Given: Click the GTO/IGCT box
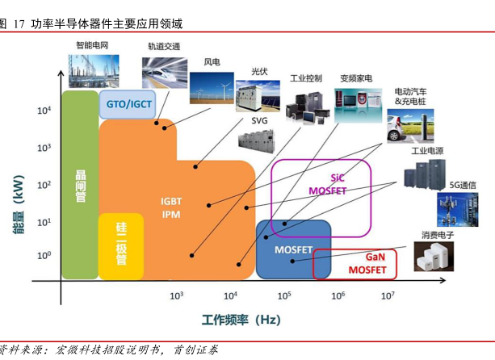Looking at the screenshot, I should click(129, 103).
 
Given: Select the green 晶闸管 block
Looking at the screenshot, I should click(80, 185).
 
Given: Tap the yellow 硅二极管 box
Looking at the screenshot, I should click(121, 244).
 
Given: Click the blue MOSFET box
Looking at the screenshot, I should click(293, 249).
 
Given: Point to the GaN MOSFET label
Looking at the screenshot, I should click(367, 262).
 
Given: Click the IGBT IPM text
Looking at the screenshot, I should click(170, 208).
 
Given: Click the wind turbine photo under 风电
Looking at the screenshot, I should click(212, 87).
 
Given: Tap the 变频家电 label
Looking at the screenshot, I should click(355, 78).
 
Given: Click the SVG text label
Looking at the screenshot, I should click(259, 121).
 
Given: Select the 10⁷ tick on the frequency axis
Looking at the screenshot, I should click(388, 295).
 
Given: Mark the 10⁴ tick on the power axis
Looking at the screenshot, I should click(44, 111).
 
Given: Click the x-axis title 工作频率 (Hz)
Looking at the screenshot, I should click(241, 320).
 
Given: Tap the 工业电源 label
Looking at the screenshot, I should click(427, 151).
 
